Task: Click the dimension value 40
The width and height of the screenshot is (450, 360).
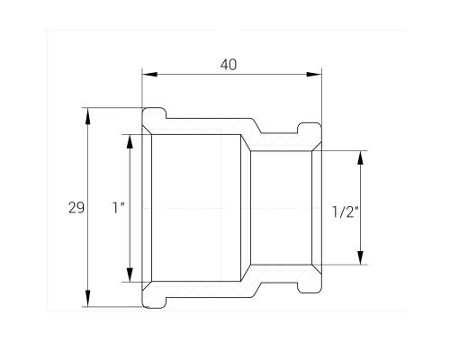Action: pos(229,65)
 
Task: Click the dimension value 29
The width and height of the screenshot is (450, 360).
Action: pos(76,208)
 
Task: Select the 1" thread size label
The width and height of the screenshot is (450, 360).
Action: pos(118,208)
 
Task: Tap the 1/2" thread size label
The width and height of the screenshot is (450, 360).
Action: pos(346,211)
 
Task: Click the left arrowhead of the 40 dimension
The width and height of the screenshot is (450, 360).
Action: pos(149,74)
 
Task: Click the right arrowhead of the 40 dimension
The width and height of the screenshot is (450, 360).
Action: pos(314,74)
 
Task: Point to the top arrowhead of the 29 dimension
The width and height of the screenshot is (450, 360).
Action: pos(87,116)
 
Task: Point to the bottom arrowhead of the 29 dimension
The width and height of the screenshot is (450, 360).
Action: pos(87,298)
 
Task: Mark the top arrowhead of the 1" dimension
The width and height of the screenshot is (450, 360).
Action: pos(130,141)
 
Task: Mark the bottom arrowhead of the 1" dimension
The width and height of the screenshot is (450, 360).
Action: pos(130,274)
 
